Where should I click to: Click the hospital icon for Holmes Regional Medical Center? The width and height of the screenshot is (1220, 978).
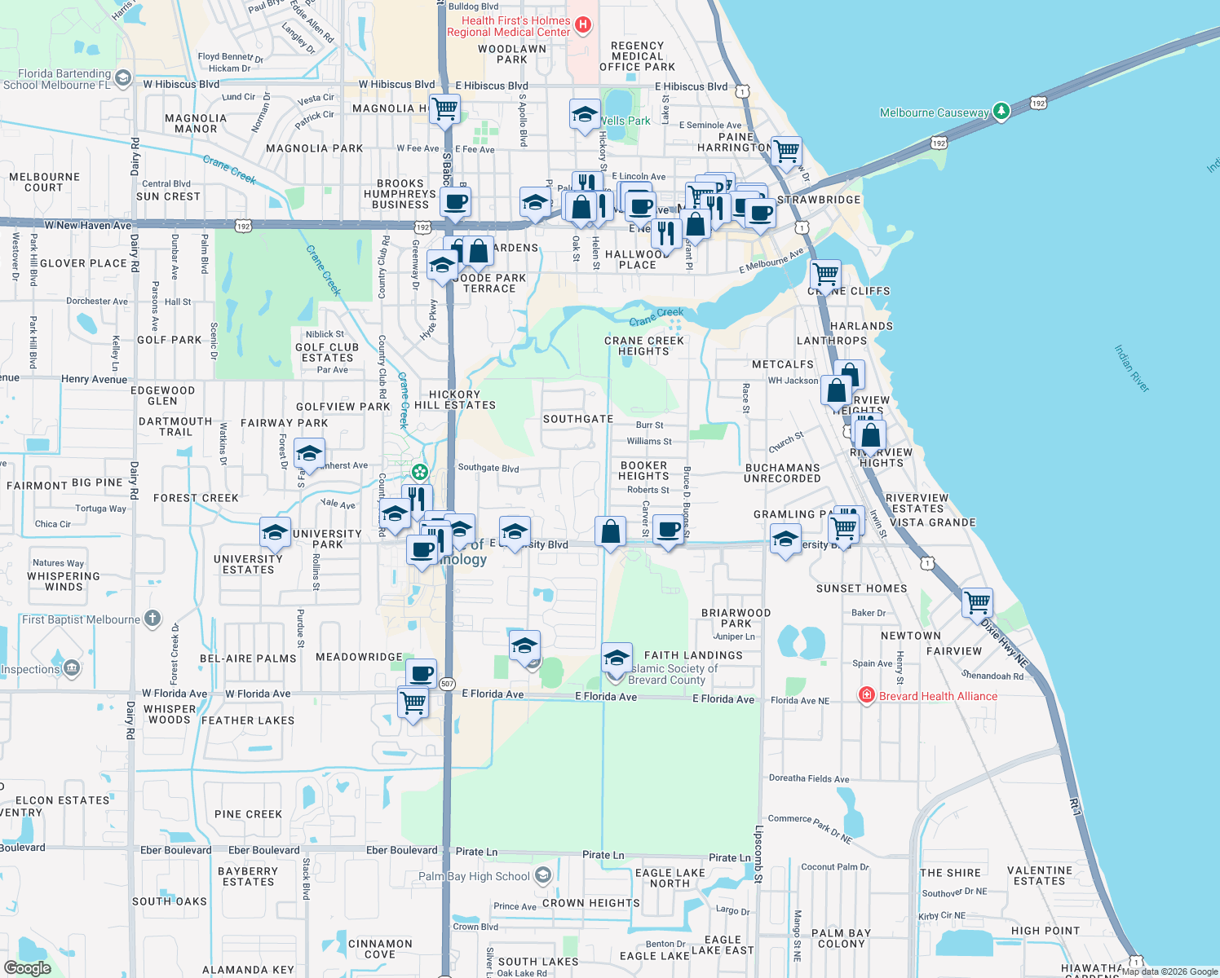click(x=582, y=25)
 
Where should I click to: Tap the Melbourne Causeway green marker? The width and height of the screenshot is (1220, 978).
click(x=1001, y=112)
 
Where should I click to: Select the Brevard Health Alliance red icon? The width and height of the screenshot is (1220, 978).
click(x=867, y=695)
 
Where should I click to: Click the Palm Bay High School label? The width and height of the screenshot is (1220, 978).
click(x=475, y=876)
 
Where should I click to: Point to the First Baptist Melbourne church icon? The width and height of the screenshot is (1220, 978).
click(x=152, y=619)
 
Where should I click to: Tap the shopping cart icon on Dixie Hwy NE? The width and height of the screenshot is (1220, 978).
click(x=977, y=603)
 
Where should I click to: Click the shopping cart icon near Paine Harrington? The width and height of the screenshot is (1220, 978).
click(x=786, y=151)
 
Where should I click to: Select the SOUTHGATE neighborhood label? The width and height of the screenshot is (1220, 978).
click(x=578, y=419)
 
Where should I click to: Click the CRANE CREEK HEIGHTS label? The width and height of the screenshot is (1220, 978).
click(x=643, y=346)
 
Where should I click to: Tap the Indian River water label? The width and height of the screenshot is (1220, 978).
click(x=1131, y=368)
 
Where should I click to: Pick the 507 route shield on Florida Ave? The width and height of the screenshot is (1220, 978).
click(x=447, y=684)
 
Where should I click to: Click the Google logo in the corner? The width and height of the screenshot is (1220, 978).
click(x=28, y=967)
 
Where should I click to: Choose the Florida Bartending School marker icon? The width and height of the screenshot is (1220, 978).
click(x=123, y=78)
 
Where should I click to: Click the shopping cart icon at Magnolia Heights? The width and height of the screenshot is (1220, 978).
click(x=444, y=108)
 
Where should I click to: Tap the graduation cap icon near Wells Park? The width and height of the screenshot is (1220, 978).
click(x=585, y=114)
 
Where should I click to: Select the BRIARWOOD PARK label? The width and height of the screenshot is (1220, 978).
click(x=736, y=618)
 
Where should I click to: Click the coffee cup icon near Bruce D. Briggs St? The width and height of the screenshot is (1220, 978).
click(x=668, y=531)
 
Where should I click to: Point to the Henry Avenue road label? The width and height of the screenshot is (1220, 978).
click(x=94, y=379)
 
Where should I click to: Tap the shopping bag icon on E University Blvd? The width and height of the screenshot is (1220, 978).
click(x=610, y=532)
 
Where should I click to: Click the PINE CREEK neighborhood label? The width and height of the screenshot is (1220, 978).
click(x=248, y=814)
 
